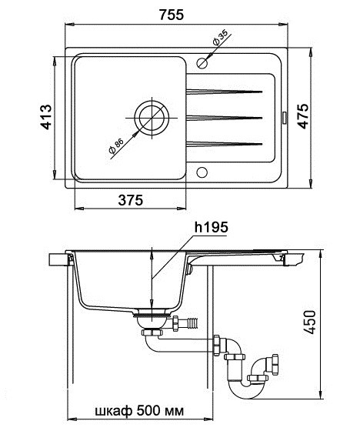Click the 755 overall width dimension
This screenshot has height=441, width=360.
click(x=172, y=15)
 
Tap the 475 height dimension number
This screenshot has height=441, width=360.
click(x=303, y=116)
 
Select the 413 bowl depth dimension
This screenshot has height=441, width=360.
click(x=46, y=117)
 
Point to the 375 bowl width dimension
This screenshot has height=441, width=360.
click(x=131, y=200)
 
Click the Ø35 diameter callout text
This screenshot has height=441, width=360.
click(x=220, y=38)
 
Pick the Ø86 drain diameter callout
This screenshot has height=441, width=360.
click(x=116, y=146)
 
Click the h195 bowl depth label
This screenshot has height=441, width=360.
click(x=212, y=227)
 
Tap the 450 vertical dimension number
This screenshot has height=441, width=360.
click(x=310, y=322)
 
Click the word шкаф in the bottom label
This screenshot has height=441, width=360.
click(x=114, y=411)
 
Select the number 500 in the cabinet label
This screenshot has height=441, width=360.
click(x=148, y=411)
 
